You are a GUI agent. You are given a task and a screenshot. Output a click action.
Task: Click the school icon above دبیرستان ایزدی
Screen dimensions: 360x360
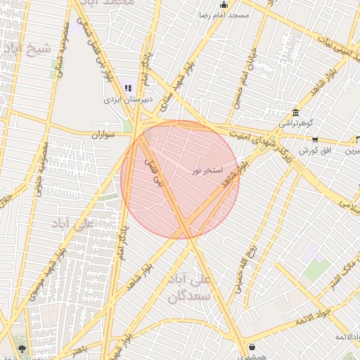[128, 88]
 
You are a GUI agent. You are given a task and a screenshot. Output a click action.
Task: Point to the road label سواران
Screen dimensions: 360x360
[103, 134]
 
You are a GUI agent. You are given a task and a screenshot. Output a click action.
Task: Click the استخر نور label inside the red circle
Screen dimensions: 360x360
[207, 171]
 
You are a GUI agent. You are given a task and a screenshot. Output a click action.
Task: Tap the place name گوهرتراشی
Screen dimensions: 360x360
[294, 124]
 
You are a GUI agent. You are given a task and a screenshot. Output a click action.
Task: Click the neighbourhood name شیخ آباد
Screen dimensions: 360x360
[27, 48]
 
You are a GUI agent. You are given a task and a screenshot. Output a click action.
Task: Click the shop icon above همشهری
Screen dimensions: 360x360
[252, 347]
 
